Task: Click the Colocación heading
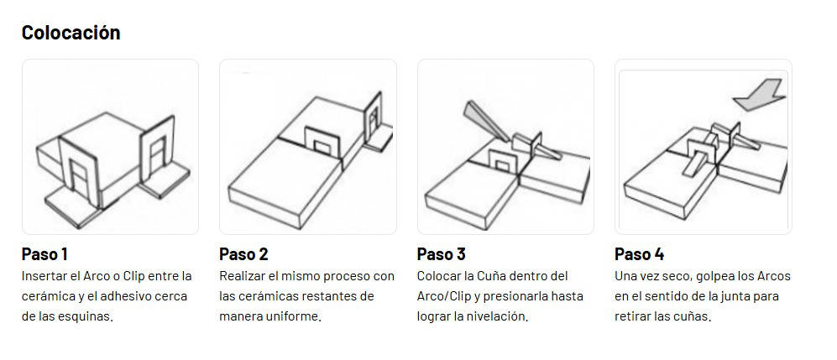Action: click(x=71, y=33)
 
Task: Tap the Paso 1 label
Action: click(x=44, y=254)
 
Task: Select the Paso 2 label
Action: click(x=243, y=254)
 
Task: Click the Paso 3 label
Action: click(x=442, y=254)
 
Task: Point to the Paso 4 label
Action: click(x=639, y=254)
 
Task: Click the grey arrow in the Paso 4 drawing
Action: click(x=760, y=95)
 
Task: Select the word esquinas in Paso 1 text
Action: click(x=91, y=316)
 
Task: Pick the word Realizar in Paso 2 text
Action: click(x=239, y=276)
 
